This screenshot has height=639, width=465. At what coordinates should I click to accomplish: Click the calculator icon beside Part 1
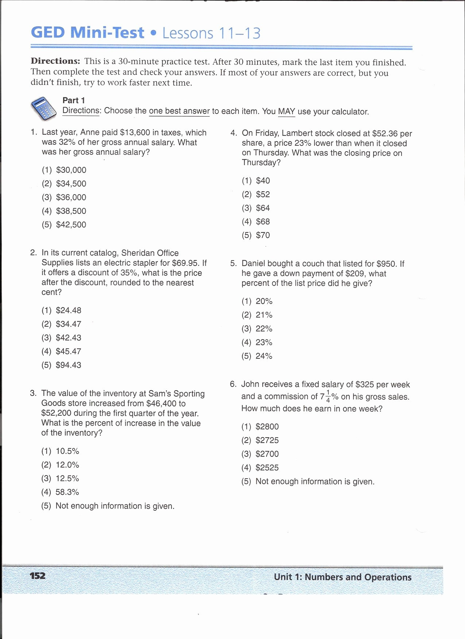(x=44, y=109)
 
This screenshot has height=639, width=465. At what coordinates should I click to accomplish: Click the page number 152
(x=38, y=576)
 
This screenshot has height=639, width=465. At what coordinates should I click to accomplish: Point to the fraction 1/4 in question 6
(x=328, y=396)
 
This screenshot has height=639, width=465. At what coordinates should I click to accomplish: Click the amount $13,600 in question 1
(x=135, y=133)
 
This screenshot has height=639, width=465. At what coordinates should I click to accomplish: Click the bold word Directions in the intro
(x=55, y=61)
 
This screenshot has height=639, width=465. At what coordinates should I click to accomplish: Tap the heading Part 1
(x=74, y=101)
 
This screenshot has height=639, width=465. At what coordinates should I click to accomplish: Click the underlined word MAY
(x=286, y=112)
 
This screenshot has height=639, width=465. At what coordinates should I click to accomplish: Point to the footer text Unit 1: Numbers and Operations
(x=342, y=577)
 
